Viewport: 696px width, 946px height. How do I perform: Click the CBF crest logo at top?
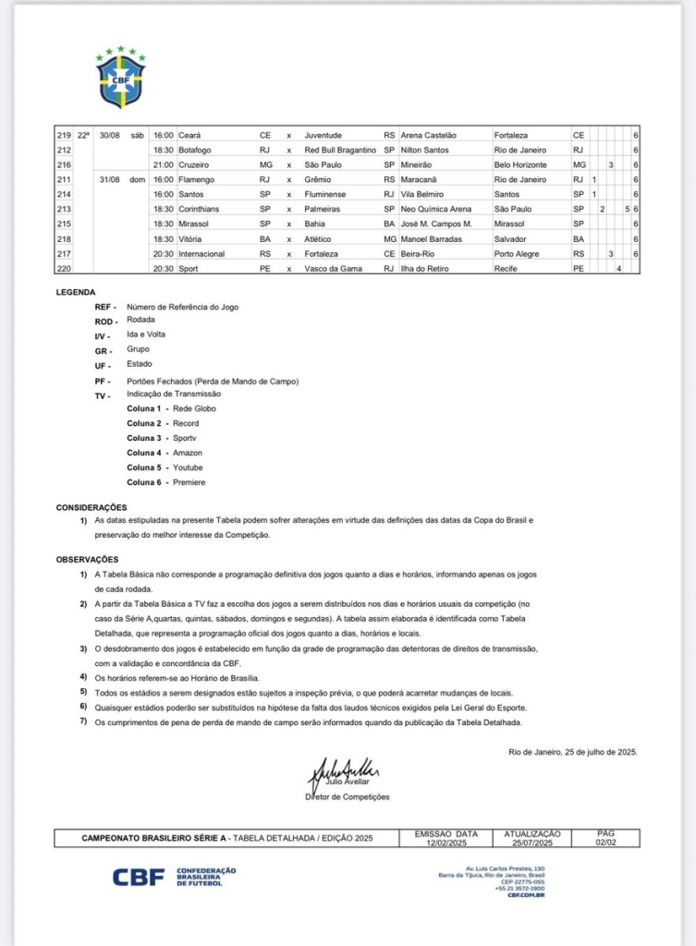[121, 76]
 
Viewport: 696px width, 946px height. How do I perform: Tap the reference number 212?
[64, 150]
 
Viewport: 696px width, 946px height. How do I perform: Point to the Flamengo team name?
[199, 179]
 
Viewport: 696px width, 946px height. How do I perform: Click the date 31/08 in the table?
[110, 179]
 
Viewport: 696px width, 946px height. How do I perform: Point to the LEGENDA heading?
[75, 292]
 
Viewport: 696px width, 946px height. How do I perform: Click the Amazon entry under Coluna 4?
[188, 453]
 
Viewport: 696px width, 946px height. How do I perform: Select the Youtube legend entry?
[189, 467]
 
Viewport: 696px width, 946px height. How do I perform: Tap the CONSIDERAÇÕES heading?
[92, 507]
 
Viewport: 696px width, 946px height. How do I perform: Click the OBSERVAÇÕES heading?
[88, 559]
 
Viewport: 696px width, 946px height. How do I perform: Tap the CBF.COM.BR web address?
[526, 896]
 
